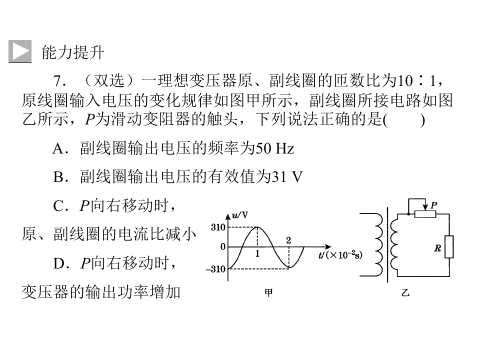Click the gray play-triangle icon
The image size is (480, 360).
pyautogui.click(x=20, y=51)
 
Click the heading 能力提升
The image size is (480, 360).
pyautogui.click(x=73, y=52)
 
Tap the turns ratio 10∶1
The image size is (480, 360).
pyautogui.click(x=416, y=81)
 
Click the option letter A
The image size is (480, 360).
pyautogui.click(x=58, y=149)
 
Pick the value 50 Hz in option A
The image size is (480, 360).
pyautogui.click(x=274, y=149)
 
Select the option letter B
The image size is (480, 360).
pyautogui.click(x=58, y=177)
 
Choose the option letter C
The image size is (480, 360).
pyautogui.click(x=58, y=205)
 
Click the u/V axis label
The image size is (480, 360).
pyautogui.click(x=240, y=215)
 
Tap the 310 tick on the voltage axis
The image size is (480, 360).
pyautogui.click(x=218, y=227)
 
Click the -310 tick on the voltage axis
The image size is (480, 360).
pyautogui.click(x=215, y=269)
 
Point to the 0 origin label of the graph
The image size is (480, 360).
pyautogui.click(x=223, y=246)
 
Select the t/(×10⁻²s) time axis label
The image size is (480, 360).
pyautogui.click(x=340, y=254)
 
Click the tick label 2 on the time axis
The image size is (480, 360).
pyautogui.click(x=288, y=240)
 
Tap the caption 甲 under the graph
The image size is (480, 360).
pyautogui.click(x=268, y=293)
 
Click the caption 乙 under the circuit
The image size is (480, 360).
pyautogui.click(x=405, y=293)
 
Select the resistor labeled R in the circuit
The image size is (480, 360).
pyautogui.click(x=449, y=246)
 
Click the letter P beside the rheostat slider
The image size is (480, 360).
pyautogui.click(x=433, y=205)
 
